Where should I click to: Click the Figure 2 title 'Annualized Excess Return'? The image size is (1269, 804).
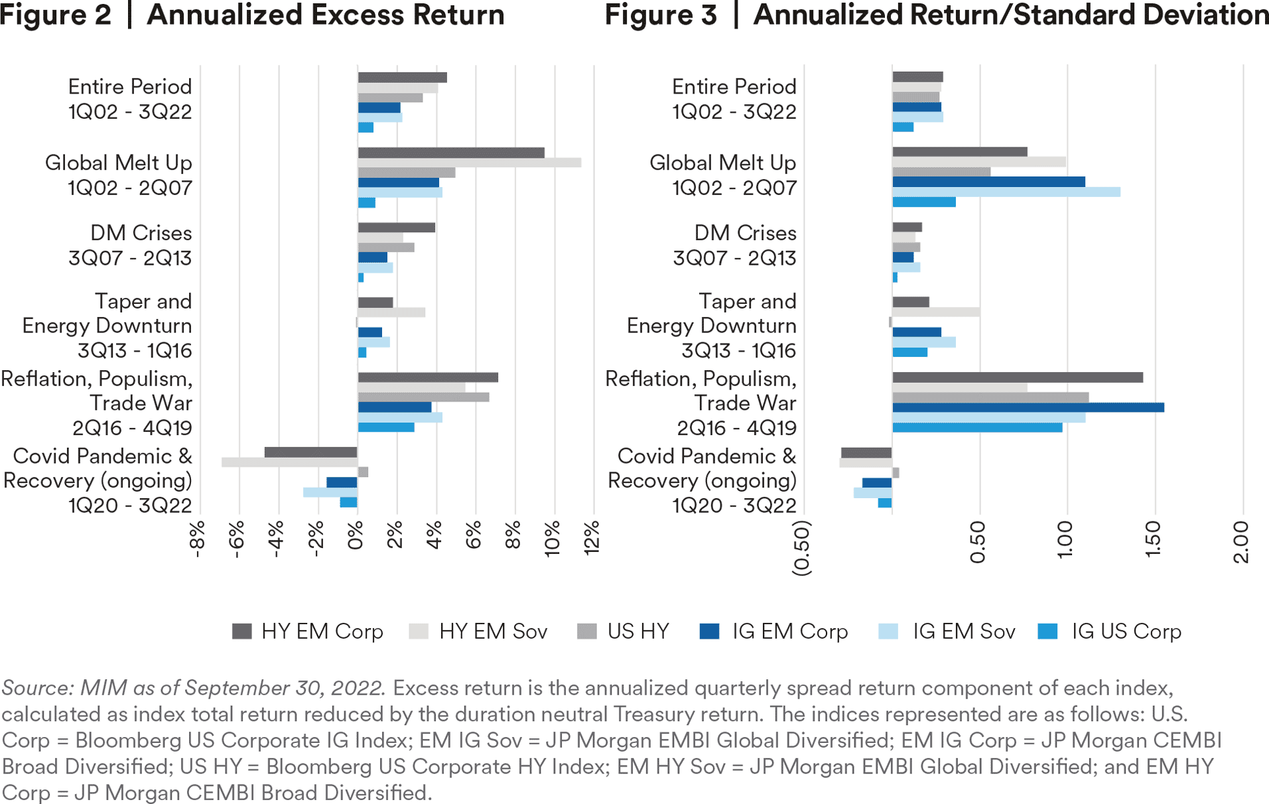click(x=325, y=15)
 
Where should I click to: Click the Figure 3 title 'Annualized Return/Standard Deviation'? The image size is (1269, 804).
click(x=1010, y=15)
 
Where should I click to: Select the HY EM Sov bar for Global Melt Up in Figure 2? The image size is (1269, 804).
click(x=469, y=163)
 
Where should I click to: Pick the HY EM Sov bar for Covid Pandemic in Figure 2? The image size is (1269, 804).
click(x=289, y=462)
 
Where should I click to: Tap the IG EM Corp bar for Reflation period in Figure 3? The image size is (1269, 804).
click(x=1028, y=407)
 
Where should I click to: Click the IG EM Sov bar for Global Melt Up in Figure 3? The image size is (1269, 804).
click(x=1006, y=192)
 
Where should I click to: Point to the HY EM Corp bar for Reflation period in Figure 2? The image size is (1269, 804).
click(x=428, y=377)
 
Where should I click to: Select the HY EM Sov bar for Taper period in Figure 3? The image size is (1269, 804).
click(x=936, y=312)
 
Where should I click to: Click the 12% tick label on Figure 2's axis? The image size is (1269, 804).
click(x=592, y=537)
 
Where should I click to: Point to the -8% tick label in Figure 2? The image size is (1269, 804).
click(x=197, y=539)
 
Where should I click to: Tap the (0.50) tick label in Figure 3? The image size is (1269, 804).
click(x=802, y=548)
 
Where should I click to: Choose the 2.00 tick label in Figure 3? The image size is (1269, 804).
click(x=1241, y=542)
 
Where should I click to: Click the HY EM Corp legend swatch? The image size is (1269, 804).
click(x=242, y=632)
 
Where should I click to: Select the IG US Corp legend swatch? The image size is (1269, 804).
click(x=1047, y=632)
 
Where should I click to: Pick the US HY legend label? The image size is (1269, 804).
click(x=638, y=632)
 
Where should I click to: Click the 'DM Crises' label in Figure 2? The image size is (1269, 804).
click(x=141, y=233)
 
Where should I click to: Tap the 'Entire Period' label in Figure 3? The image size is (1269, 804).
click(x=734, y=87)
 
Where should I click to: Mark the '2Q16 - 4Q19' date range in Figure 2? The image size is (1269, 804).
click(x=132, y=428)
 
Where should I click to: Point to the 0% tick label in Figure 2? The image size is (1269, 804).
click(x=356, y=535)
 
